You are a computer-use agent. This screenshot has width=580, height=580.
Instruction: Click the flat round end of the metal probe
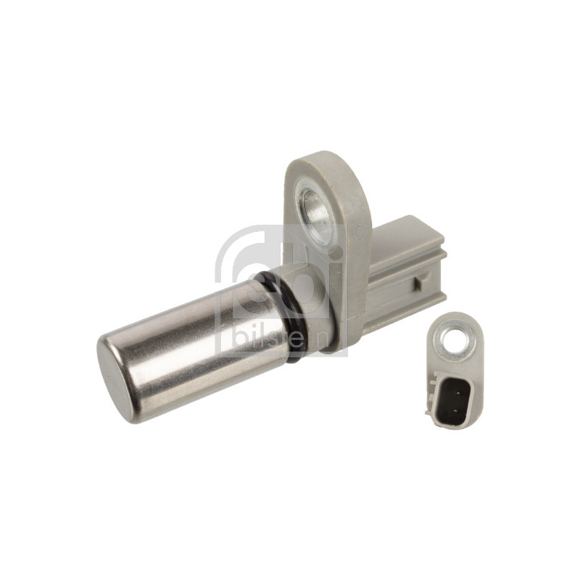116,377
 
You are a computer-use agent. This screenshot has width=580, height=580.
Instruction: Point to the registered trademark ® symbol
357,233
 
